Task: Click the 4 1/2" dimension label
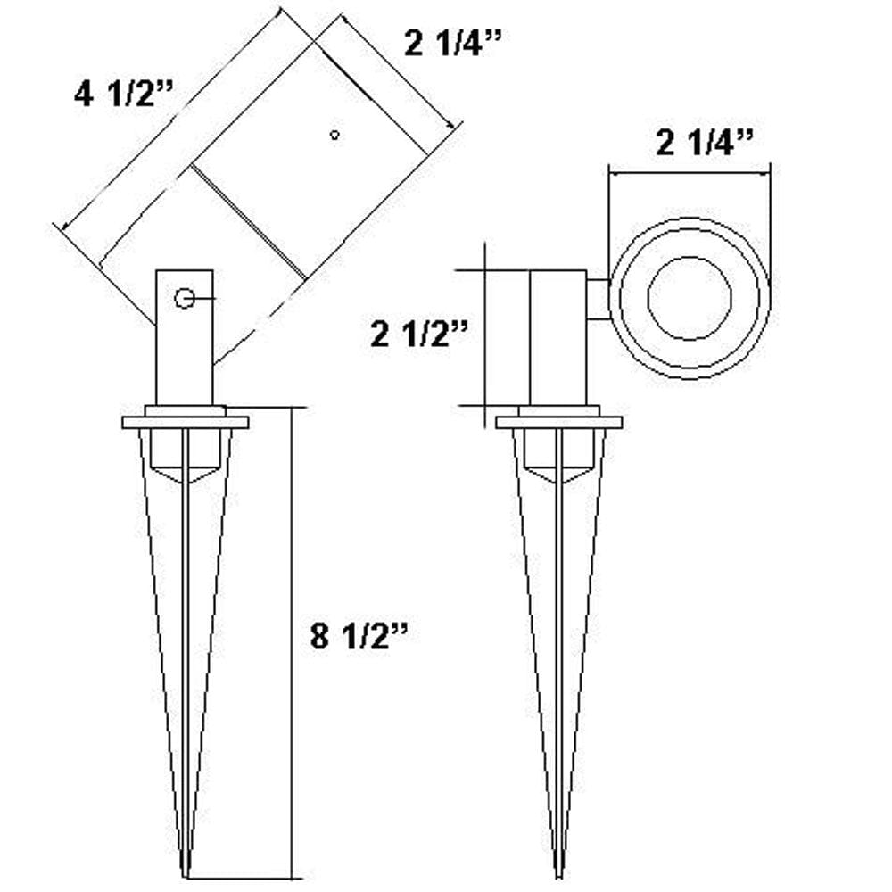pos(124,94)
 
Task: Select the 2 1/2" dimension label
pos(418,334)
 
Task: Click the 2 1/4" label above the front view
pos(706,143)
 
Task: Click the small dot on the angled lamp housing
pos(334,135)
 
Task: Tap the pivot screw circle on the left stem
pos(185,299)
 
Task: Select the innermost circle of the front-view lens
pos(690,298)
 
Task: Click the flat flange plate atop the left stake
pos(186,422)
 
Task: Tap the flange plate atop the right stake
pos(559,422)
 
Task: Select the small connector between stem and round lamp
pos(599,298)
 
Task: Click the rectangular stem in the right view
pos(558,337)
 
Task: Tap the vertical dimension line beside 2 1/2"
pos(483,337)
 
